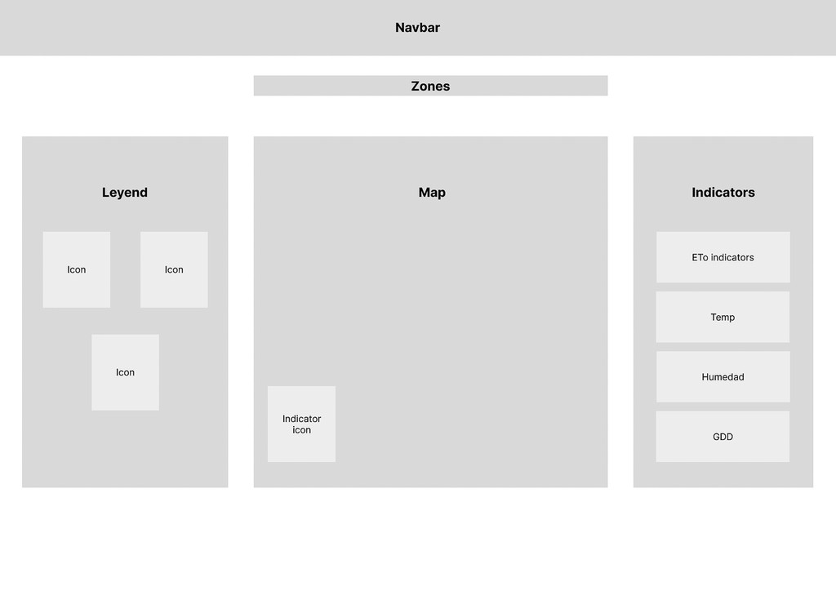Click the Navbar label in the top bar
pyautogui.click(x=417, y=28)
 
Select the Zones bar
pyautogui.click(x=430, y=86)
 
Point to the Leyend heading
pyautogui.click(x=125, y=193)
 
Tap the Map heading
pyautogui.click(x=432, y=193)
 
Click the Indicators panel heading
pyautogui.click(x=723, y=193)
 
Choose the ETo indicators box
pyautogui.click(x=723, y=257)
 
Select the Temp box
pyautogui.click(x=723, y=317)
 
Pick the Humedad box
pyautogui.click(x=723, y=376)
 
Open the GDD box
pyautogui.click(x=723, y=437)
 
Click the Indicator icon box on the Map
pyautogui.click(x=301, y=424)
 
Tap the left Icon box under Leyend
pyautogui.click(x=77, y=269)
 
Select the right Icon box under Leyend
pyautogui.click(x=174, y=269)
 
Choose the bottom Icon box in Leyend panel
pyautogui.click(x=125, y=372)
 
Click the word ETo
pyautogui.click(x=700, y=257)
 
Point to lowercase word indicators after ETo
pyautogui.click(x=732, y=257)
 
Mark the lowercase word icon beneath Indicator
pyautogui.click(x=301, y=430)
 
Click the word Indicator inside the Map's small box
pyautogui.click(x=301, y=419)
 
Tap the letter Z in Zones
pyautogui.click(x=416, y=87)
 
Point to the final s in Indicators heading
pyautogui.click(x=751, y=193)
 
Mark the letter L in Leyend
pyautogui.click(x=105, y=193)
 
